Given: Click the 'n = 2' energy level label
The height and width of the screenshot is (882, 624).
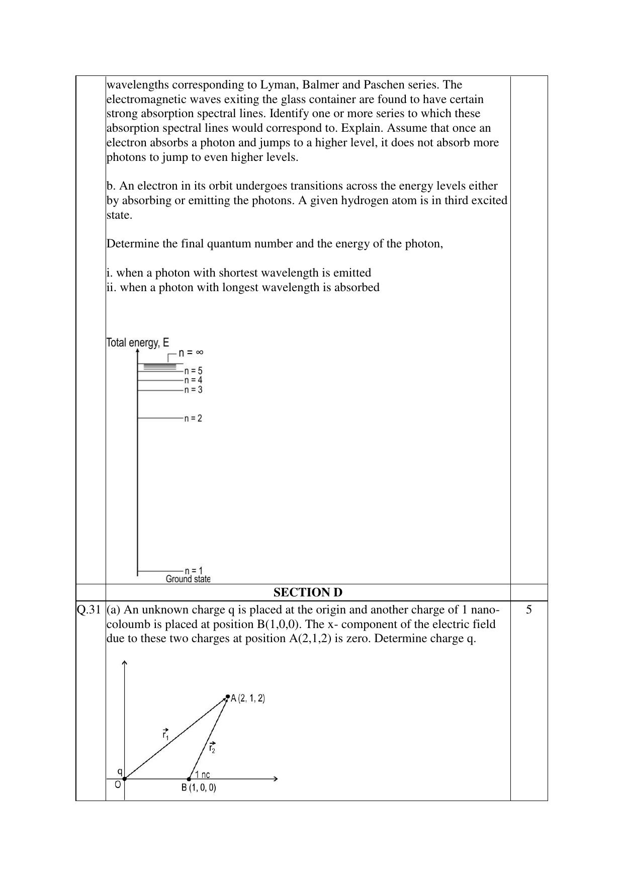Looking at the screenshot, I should pyautogui.click(x=193, y=418).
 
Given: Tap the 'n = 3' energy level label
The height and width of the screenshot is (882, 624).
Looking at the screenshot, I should pyautogui.click(x=193, y=390).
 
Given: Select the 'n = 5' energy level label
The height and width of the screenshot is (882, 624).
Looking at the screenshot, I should pyautogui.click(x=193, y=371).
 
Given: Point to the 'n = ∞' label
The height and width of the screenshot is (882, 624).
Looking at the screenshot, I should pyautogui.click(x=191, y=352).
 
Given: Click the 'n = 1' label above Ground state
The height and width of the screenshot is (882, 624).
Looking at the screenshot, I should pyautogui.click(x=194, y=571).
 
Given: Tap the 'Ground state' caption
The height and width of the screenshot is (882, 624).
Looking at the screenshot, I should pyautogui.click(x=188, y=579).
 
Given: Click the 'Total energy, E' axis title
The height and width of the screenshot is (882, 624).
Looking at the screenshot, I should pyautogui.click(x=138, y=343).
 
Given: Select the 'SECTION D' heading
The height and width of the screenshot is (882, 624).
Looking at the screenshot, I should pyautogui.click(x=308, y=592).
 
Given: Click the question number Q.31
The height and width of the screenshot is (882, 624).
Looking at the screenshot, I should pyautogui.click(x=90, y=610).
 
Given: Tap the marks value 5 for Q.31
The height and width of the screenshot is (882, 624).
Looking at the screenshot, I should pyautogui.click(x=528, y=610).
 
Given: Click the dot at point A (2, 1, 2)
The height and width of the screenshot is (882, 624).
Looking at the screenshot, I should pyautogui.click(x=228, y=697).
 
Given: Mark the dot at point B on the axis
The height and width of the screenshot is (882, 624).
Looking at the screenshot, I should pyautogui.click(x=189, y=779).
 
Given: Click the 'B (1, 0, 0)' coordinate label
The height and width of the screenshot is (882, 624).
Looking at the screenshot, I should pyautogui.click(x=199, y=788).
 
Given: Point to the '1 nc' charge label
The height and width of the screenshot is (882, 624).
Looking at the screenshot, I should pyautogui.click(x=203, y=774).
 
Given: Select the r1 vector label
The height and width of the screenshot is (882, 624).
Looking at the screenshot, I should pyautogui.click(x=165, y=734).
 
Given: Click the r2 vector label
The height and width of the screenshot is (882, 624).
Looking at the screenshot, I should pyautogui.click(x=212, y=748).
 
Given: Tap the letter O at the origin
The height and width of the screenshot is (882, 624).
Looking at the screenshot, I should pyautogui.click(x=118, y=784).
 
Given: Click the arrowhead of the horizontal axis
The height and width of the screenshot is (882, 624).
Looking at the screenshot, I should pyautogui.click(x=275, y=779).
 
